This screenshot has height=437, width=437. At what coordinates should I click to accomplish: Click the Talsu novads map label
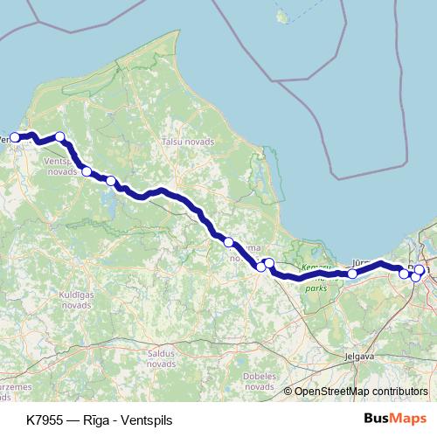182,141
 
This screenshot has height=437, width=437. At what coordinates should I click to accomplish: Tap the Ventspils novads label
62,167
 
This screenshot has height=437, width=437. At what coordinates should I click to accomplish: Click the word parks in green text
315,283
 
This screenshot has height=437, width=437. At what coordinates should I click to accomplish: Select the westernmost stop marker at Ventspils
15,137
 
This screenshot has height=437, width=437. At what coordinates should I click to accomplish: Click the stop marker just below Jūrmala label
352,274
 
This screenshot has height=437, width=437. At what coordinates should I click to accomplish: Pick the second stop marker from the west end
59,136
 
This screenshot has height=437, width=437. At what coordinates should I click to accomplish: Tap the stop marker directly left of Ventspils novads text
86,171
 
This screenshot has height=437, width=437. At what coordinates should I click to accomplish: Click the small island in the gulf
281,16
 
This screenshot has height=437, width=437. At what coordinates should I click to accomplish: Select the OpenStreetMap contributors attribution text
361,391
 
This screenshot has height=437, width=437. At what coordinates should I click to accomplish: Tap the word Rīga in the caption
104,420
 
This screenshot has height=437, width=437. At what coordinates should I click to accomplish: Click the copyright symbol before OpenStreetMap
288,391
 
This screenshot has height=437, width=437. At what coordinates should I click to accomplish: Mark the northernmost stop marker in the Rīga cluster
420,269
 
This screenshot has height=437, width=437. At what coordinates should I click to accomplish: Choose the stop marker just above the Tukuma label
228,241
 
